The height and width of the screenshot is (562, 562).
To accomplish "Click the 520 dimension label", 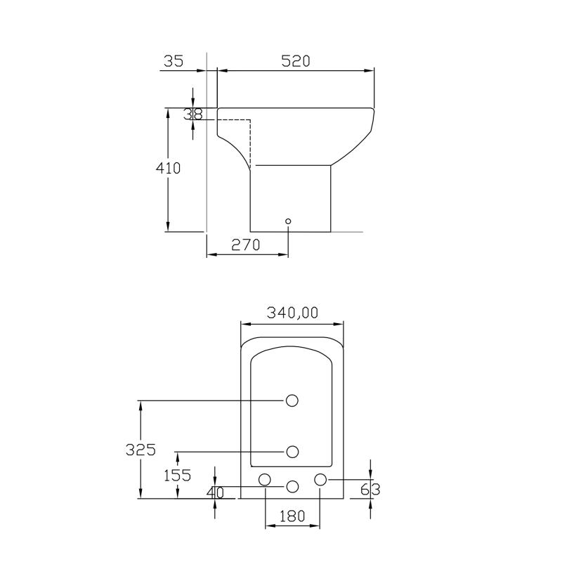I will pos(296,61).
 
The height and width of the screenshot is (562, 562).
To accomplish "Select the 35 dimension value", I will pos(174,61).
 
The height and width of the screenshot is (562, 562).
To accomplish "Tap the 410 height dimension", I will pos(168,169).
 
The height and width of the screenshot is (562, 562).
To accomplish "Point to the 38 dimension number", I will pos(193,114).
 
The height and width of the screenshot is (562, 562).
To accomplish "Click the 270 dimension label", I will pos(246,244).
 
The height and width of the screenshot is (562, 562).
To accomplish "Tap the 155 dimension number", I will pos(177,475).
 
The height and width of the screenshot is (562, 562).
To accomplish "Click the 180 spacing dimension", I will pos(292,516).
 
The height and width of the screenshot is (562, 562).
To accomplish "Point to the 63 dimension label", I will pos(370,489).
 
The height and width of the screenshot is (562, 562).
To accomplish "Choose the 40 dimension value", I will pos(215,493).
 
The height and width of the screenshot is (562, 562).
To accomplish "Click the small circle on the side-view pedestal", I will pos(288,221).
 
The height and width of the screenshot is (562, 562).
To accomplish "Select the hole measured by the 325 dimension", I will pos(292,400).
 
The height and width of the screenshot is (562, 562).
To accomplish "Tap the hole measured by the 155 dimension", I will pos(292,451).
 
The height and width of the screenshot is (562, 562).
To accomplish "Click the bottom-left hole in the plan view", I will pos(265,480).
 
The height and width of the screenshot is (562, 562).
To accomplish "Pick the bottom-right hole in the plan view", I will pos(320,479).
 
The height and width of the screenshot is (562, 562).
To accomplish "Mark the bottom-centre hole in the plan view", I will pos(292,485).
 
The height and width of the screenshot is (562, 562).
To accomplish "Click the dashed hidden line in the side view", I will pos(250,140).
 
